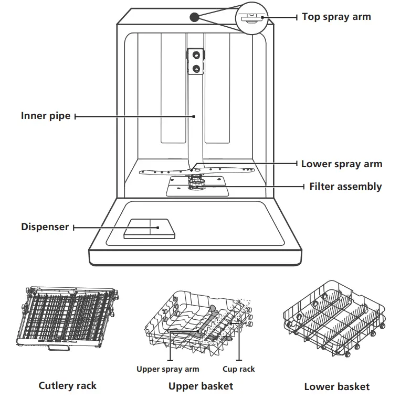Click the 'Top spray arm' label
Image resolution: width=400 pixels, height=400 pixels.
336,17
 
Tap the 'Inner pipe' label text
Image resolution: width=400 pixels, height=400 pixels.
46,116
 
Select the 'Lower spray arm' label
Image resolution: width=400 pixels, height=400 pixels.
341,164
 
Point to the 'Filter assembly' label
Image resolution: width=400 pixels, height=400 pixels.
345,186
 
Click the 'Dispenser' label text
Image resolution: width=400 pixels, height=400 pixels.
45,227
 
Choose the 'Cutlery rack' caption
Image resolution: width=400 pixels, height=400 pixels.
68,386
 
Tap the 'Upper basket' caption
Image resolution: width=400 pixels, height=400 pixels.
201,386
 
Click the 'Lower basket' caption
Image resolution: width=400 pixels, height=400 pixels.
336,387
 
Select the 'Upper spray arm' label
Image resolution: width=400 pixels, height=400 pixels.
168,369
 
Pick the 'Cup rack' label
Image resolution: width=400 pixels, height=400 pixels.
239,369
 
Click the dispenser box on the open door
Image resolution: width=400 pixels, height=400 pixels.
149,229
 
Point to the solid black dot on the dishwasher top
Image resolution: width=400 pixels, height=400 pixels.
194,17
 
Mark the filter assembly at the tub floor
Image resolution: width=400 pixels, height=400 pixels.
197,184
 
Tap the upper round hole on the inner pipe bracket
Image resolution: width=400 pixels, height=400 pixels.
196,55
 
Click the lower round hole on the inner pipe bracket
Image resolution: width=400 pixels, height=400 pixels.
196,68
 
